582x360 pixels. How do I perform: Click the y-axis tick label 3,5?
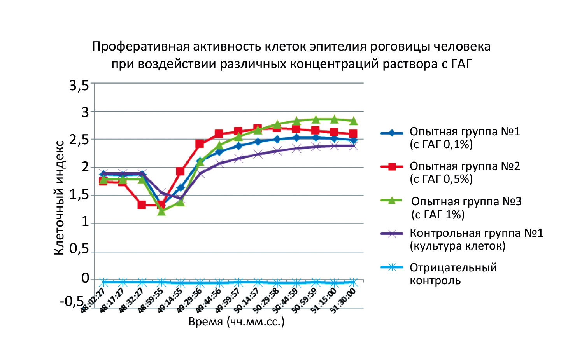pos(79,86)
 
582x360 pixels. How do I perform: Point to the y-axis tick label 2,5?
pos(79,140)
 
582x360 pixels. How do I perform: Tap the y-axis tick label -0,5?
pos(72,301)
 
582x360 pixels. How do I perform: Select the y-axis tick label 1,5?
pos(79,195)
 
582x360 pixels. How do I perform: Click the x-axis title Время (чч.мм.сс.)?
pos(237,322)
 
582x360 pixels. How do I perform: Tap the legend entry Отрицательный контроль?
pos(453,274)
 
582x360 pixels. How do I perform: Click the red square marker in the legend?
pos(392,167)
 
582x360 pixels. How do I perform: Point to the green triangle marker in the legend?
pos(392,201)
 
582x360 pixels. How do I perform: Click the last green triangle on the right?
pos(353,121)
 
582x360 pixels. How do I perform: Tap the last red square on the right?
pos(353,134)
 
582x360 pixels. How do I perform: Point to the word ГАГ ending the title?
pos(462,64)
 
